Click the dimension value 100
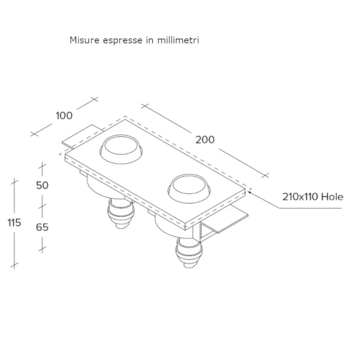pos(64,116)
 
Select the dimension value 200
pos(205,139)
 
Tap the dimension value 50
pos(42,185)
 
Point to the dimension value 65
pos(42,227)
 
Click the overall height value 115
pos(14,223)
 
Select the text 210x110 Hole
pos(312,197)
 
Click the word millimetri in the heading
pos(178,40)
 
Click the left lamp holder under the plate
pos(121,214)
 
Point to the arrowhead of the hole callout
pos(250,192)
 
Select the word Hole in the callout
pos(332,197)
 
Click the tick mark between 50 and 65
pos(42,206)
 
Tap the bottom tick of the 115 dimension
pos(14,266)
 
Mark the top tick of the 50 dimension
pos(42,167)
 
